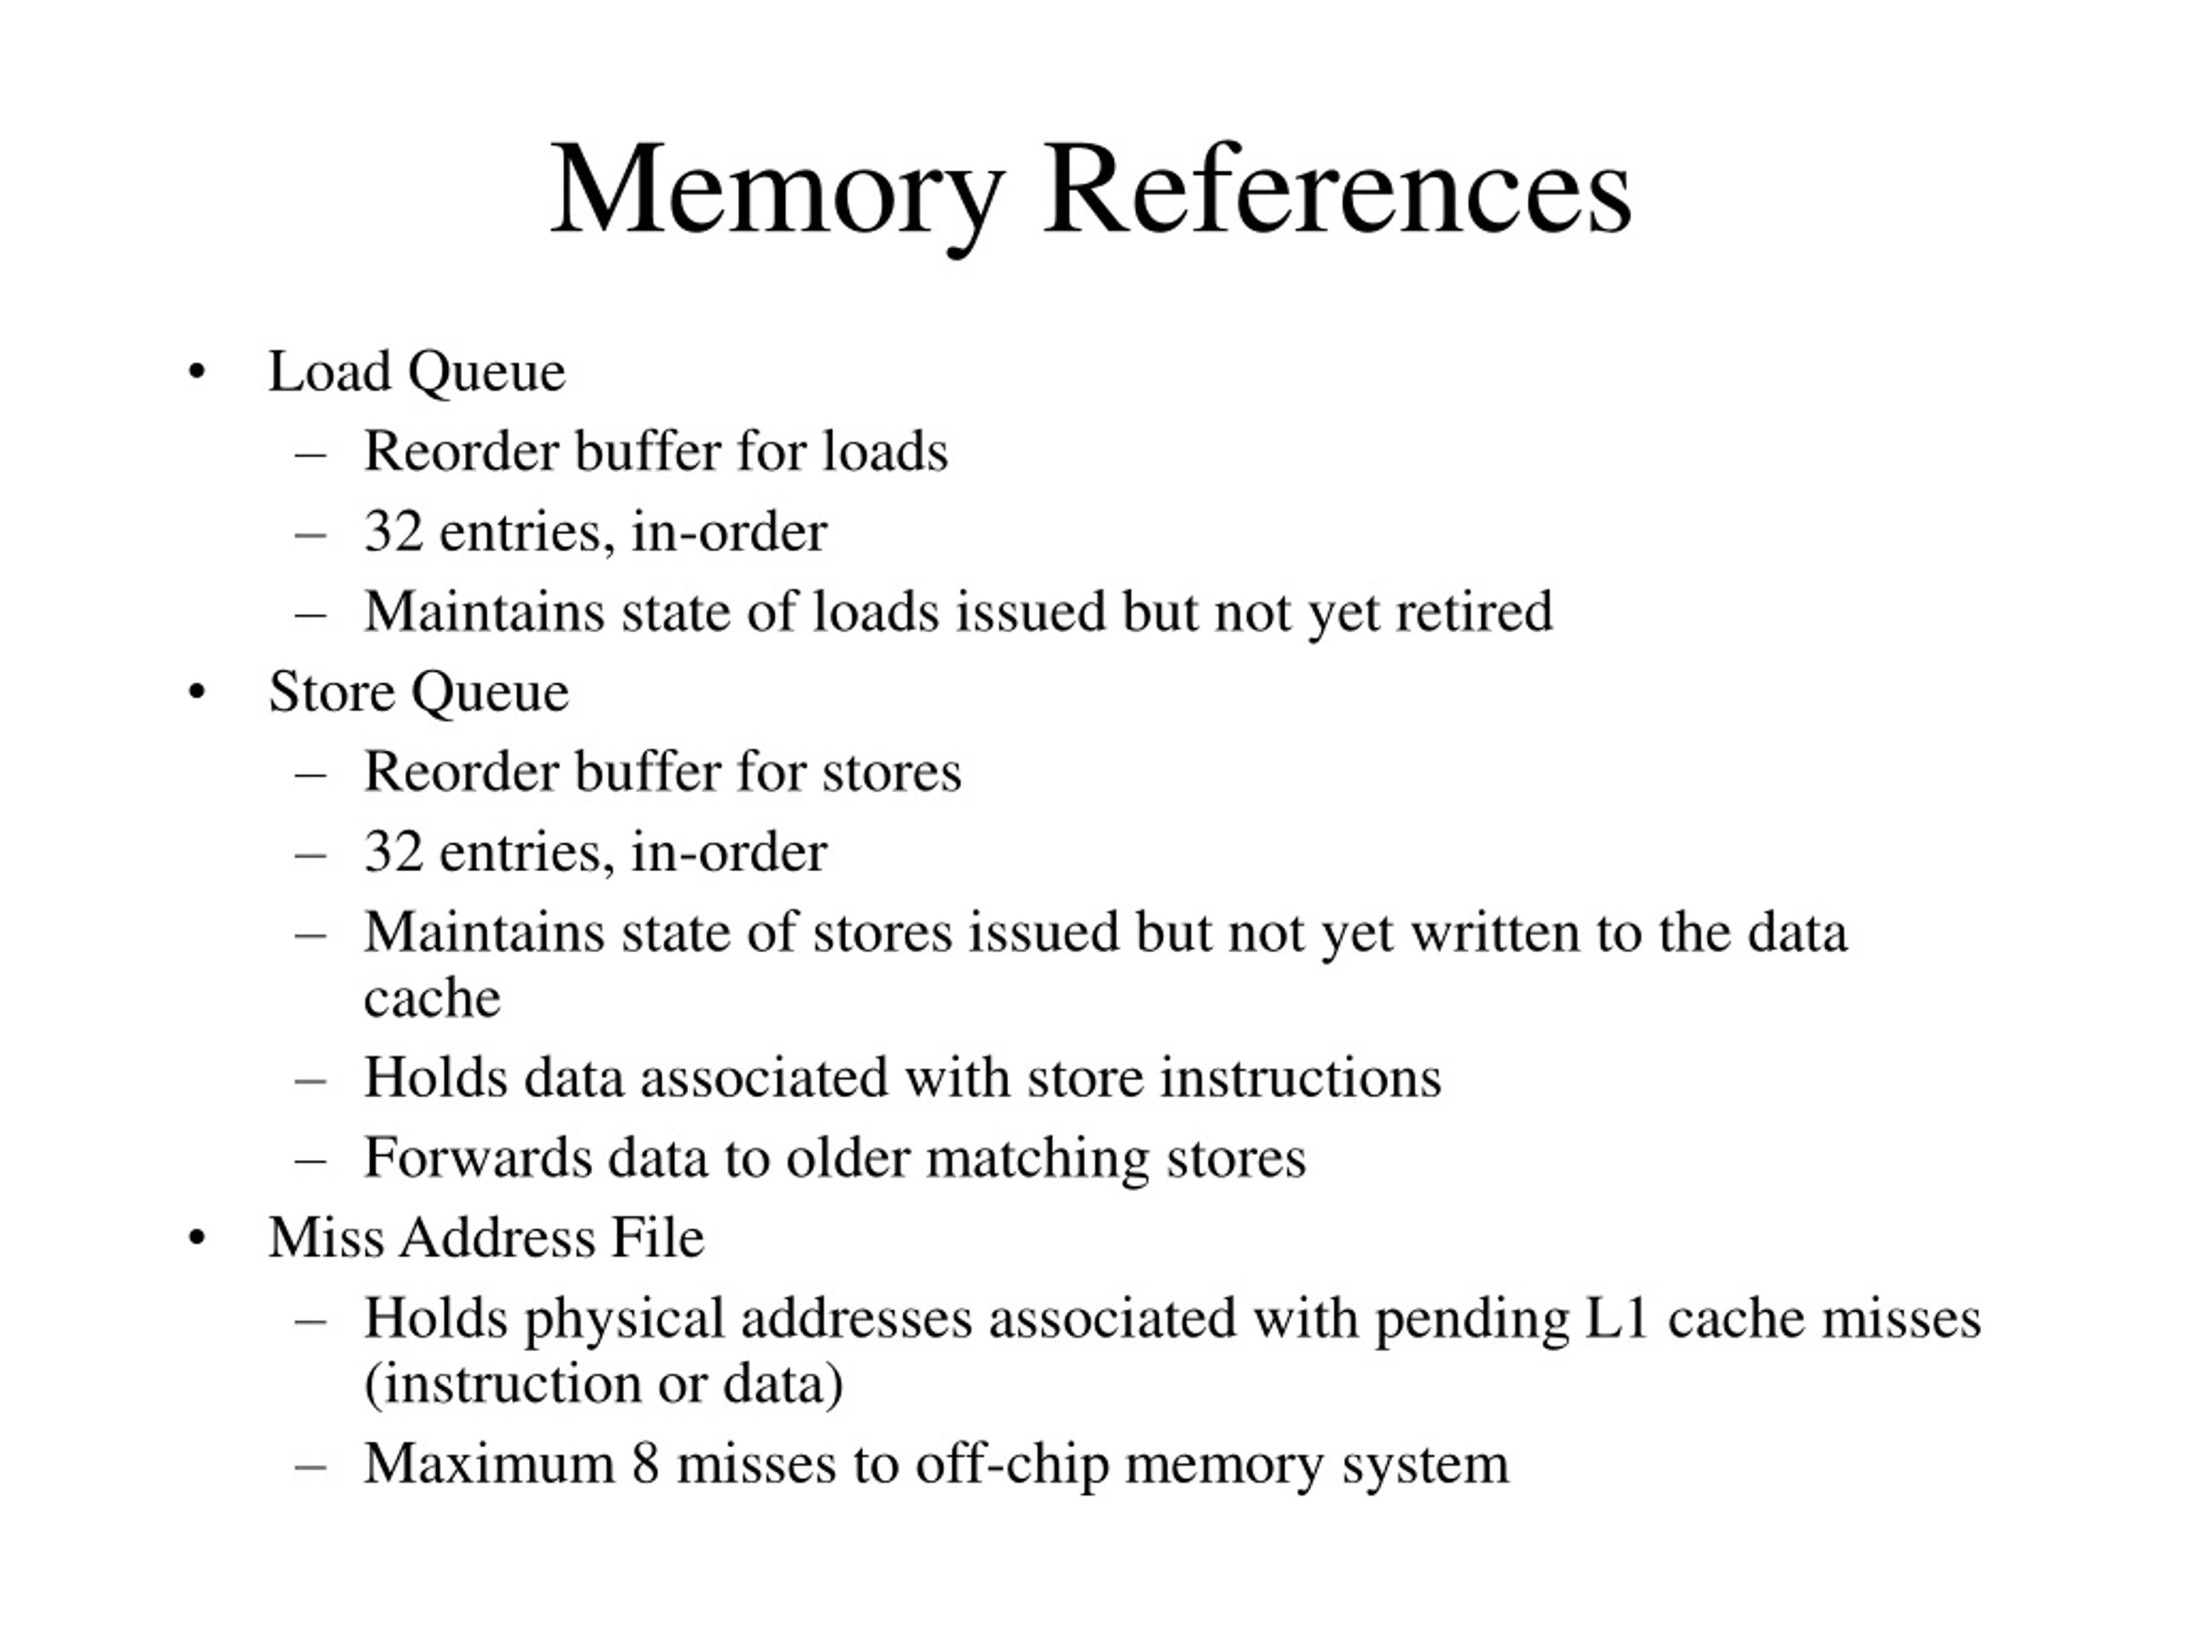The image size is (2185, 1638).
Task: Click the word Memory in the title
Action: pos(778,194)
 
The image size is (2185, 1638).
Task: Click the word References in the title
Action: pos(1337,188)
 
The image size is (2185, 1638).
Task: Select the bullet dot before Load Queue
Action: pos(196,373)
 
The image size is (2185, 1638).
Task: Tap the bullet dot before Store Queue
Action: pos(196,693)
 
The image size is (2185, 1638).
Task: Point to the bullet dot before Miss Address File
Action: pos(196,1238)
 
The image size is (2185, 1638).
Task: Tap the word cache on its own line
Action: pos(432,998)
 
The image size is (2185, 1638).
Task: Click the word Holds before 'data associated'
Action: pos(435,1077)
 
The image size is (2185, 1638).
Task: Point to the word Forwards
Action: pos(478,1159)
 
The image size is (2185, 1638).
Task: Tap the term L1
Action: pos(1617,1318)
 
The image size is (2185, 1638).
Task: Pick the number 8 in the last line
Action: pos(645,1464)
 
